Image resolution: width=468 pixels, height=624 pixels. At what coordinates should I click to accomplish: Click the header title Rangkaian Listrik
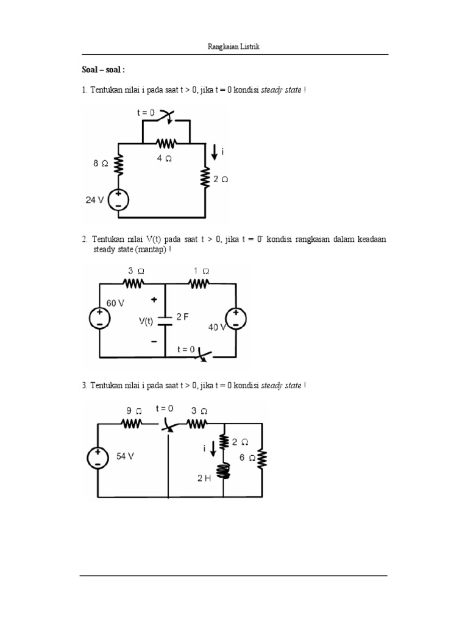(x=234, y=48)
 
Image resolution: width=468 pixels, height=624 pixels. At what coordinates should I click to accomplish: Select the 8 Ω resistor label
(x=101, y=163)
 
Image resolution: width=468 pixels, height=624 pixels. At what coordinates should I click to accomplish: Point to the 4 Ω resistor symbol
(x=166, y=144)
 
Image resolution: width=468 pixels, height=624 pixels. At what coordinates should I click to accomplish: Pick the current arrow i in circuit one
(x=214, y=152)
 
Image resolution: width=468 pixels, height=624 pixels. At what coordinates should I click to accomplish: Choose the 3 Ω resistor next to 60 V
(x=133, y=283)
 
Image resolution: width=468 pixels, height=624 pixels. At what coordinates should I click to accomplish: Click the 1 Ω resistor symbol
(x=199, y=283)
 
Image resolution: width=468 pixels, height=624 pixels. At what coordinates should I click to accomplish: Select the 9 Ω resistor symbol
(x=132, y=423)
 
